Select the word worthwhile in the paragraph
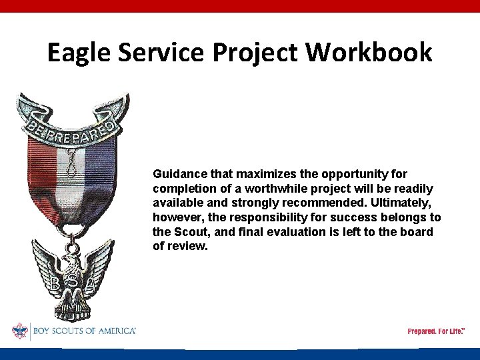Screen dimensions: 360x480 coord(273,189)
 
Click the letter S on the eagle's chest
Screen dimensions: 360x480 coord(72,282)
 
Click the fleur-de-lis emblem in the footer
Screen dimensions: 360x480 coord(20,331)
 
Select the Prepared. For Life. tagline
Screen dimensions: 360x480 coord(435,331)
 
